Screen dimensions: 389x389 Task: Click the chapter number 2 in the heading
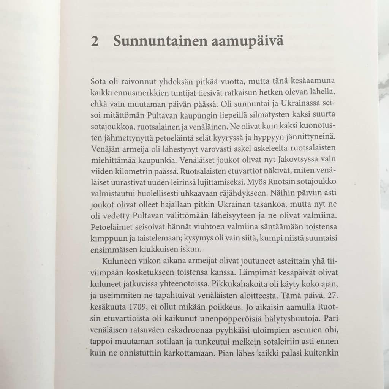(x=95, y=41)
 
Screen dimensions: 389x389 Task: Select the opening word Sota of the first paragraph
(x=98, y=82)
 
